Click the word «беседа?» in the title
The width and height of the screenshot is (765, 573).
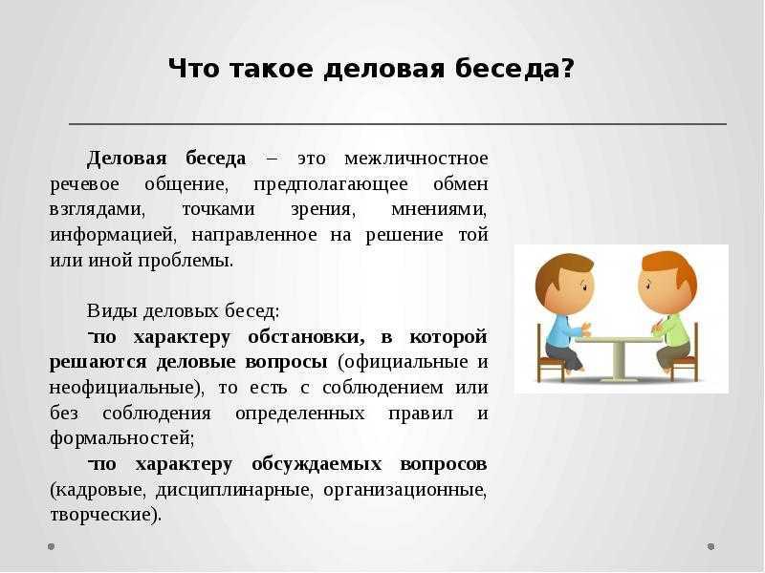(514, 68)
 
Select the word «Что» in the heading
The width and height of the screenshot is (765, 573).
(194, 68)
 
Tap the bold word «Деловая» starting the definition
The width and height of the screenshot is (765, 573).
(127, 159)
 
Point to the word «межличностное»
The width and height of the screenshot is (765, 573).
(416, 159)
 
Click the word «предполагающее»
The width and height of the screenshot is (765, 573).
(331, 184)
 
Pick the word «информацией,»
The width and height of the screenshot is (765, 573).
(112, 235)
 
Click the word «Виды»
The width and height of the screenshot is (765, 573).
(112, 311)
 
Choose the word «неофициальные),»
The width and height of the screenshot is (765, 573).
(127, 388)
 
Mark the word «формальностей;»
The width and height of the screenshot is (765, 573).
(122, 438)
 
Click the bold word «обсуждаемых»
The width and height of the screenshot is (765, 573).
(317, 464)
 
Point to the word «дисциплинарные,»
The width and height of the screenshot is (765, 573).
(233, 490)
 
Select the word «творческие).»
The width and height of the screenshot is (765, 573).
(105, 515)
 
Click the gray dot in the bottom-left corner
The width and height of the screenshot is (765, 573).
(52, 546)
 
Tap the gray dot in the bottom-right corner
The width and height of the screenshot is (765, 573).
(710, 546)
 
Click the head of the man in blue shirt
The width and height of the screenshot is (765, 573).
(565, 284)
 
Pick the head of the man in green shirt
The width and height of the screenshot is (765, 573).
(667, 283)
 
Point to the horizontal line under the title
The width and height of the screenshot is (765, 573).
(398, 124)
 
